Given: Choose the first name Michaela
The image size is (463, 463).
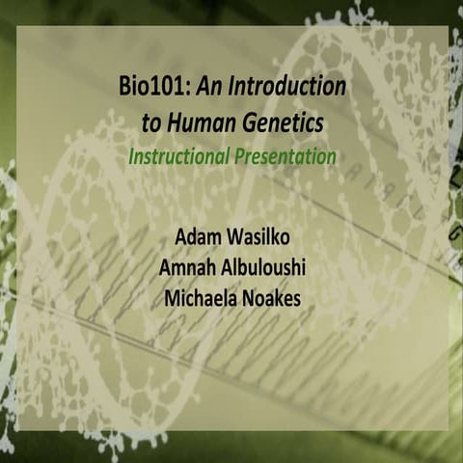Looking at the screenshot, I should pyautogui.click(x=198, y=296).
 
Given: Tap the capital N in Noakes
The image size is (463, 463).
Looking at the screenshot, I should pyautogui.click(x=248, y=296).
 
